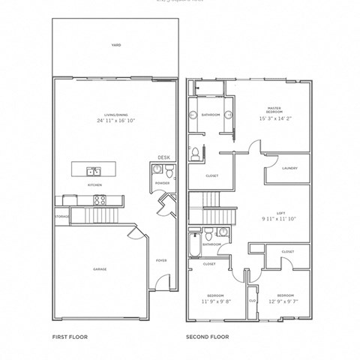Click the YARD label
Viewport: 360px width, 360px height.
[x=115, y=45]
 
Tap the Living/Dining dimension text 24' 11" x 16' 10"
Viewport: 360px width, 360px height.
[x=115, y=120]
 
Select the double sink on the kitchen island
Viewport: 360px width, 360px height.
[x=94, y=170]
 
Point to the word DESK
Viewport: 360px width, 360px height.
[x=163, y=157]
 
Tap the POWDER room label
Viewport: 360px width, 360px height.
[x=163, y=183]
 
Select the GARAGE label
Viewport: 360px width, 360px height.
[x=100, y=269]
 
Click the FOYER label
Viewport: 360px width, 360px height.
[x=161, y=260]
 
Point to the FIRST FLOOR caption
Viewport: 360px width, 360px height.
[x=70, y=337]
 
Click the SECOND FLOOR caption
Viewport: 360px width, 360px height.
[x=207, y=337]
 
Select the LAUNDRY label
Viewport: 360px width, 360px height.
[x=289, y=169]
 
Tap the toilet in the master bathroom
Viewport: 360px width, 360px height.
[x=195, y=154]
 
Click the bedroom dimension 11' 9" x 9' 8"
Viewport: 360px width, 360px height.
[x=216, y=301]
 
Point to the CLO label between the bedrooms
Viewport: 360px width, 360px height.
[x=252, y=301]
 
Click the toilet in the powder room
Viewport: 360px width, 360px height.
[x=163, y=172]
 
